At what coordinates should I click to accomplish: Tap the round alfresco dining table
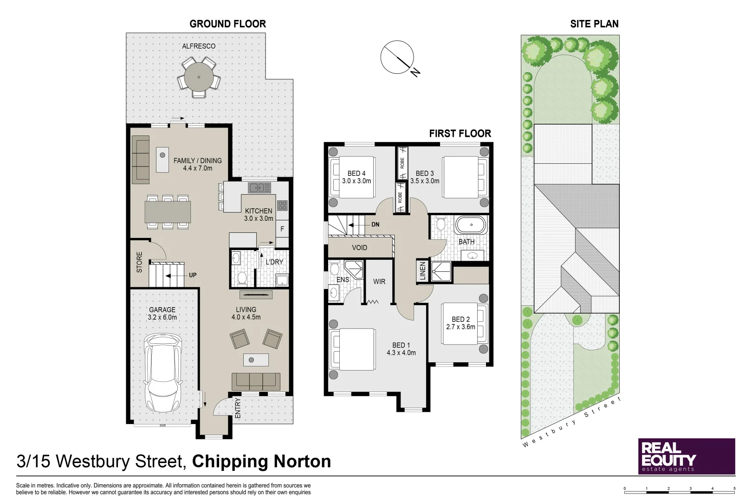[x=199, y=77]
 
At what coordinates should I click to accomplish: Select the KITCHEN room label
[x=259, y=211]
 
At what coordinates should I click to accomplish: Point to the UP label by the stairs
[x=193, y=275]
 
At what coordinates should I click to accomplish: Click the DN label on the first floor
[x=375, y=225]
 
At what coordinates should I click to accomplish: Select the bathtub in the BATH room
[x=471, y=225]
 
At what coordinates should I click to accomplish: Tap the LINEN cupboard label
[x=422, y=270]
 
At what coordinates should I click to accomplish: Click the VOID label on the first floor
[x=359, y=248]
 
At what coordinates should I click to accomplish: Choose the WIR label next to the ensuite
[x=379, y=282]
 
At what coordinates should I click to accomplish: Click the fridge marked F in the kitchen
[x=282, y=229]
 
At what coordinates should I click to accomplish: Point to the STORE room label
[x=139, y=262]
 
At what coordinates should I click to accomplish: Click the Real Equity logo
[x=686, y=456]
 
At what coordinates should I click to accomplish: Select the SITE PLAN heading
[x=594, y=24]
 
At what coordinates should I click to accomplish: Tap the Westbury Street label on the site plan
[x=572, y=423]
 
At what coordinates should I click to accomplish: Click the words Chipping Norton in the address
[x=261, y=462]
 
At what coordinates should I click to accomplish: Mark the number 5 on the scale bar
[x=734, y=488]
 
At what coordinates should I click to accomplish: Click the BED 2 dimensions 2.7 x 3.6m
[x=460, y=327]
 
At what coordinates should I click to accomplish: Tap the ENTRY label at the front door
[x=238, y=408]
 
